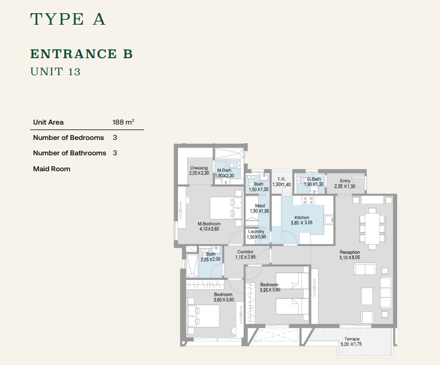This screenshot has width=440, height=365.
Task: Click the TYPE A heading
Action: click(x=68, y=19)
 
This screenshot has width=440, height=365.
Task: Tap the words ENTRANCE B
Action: click(x=81, y=54)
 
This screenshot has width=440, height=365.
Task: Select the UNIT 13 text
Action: click(x=55, y=71)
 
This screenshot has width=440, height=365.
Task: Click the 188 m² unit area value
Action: click(x=123, y=122)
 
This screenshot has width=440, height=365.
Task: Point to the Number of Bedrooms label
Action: click(x=69, y=138)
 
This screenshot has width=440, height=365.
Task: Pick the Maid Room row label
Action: click(x=52, y=169)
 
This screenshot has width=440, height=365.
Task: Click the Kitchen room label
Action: click(x=302, y=217)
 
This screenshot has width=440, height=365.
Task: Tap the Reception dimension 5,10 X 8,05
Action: click(x=350, y=257)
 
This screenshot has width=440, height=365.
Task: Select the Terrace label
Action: click(x=352, y=339)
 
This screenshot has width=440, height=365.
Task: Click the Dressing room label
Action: click(x=199, y=168)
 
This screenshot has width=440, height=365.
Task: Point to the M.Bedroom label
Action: click(x=209, y=224)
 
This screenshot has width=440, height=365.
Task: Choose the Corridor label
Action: click(x=245, y=252)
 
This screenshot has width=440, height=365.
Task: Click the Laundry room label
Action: click(x=256, y=232)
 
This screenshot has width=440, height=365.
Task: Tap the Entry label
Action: click(x=345, y=181)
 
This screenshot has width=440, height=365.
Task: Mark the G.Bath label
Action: click(x=314, y=179)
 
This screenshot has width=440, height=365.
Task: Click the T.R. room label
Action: click(x=281, y=179)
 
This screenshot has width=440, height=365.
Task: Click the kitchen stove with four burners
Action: click(x=308, y=200)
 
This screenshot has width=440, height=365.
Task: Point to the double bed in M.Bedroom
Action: click(x=226, y=208)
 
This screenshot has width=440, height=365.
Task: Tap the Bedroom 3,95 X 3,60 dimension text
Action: click(x=270, y=290)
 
